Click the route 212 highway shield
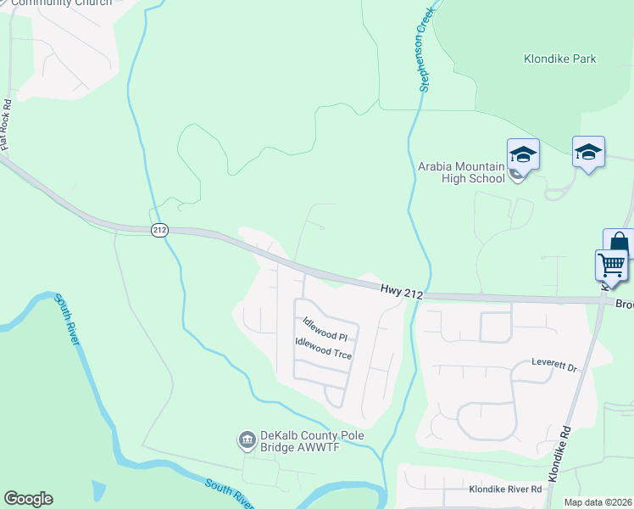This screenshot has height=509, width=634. (x=158, y=230)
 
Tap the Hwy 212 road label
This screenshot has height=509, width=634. (x=402, y=289)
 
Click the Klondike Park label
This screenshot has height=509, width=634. (x=559, y=59)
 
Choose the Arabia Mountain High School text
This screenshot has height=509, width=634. (x=461, y=172)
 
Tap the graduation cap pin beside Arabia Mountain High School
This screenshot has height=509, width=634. (x=523, y=154)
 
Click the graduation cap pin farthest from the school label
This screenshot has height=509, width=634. (x=588, y=152)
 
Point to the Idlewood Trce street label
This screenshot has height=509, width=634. (x=322, y=348)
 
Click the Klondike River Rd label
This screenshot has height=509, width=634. (x=505, y=490)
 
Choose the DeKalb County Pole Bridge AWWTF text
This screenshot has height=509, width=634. (x=300, y=443)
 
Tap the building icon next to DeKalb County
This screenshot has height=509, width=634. (x=247, y=439)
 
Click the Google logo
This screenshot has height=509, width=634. (x=28, y=499)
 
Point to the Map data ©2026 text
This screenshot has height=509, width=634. (x=598, y=502)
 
